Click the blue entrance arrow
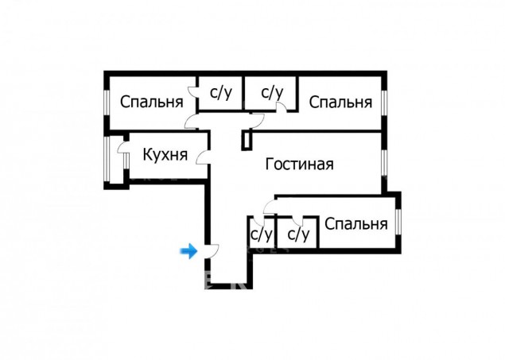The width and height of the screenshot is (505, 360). [188, 251]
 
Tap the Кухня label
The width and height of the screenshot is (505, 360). [165, 155]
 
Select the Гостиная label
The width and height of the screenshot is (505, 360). [299, 164]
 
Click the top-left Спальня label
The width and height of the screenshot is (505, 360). [152, 102]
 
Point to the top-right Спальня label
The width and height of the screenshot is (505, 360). [340, 102]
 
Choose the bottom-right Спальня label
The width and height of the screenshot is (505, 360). [355, 223]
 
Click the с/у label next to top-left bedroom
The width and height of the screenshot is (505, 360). [221, 93]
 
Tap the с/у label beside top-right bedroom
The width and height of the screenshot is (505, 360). [272, 93]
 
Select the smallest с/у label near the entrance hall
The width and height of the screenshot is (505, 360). [261, 234]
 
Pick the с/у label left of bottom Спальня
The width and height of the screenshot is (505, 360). [298, 234]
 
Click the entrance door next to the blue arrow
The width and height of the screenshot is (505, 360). [212, 251]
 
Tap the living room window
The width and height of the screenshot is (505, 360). [384, 163]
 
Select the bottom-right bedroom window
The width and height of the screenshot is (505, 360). [398, 222]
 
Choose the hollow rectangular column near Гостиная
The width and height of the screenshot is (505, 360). [247, 141]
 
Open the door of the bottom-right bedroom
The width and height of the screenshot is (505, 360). [270, 207]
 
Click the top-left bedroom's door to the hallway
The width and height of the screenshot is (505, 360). [192, 122]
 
